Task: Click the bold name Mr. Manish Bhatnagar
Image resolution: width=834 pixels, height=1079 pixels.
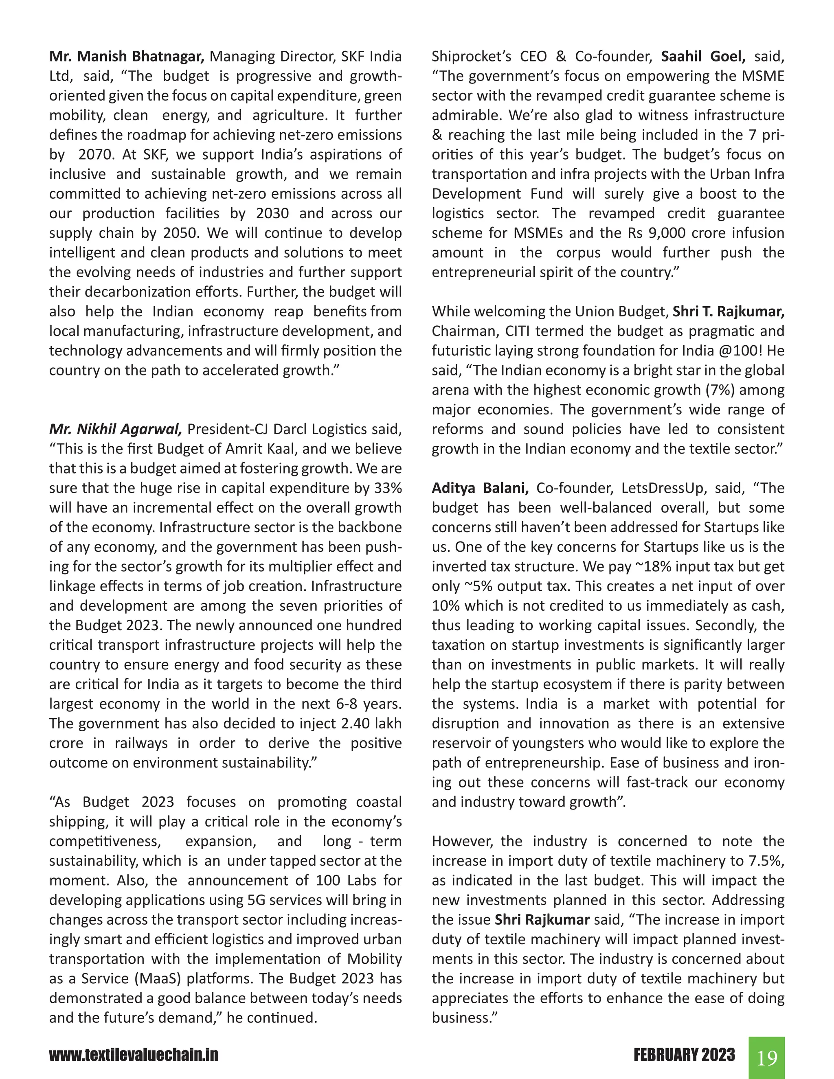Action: pos(127,56)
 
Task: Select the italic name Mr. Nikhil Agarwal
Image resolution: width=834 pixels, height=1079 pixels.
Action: pos(116,429)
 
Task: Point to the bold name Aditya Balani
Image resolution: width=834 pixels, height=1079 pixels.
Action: pos(480,488)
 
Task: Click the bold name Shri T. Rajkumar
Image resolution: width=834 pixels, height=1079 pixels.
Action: pos(728,311)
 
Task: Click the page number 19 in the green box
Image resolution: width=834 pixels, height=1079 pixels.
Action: pos(766,1057)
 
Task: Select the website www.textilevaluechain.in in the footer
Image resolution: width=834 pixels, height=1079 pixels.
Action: pos(134,1055)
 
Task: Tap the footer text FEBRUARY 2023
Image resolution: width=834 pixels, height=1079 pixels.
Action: pos(684,1055)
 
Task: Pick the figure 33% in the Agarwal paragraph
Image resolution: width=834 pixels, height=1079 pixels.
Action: pos(388,488)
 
